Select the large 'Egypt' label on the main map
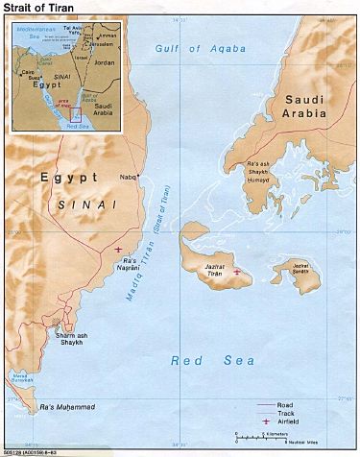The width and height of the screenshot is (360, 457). click(x=67, y=179)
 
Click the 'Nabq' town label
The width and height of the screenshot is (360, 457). click(x=129, y=177)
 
